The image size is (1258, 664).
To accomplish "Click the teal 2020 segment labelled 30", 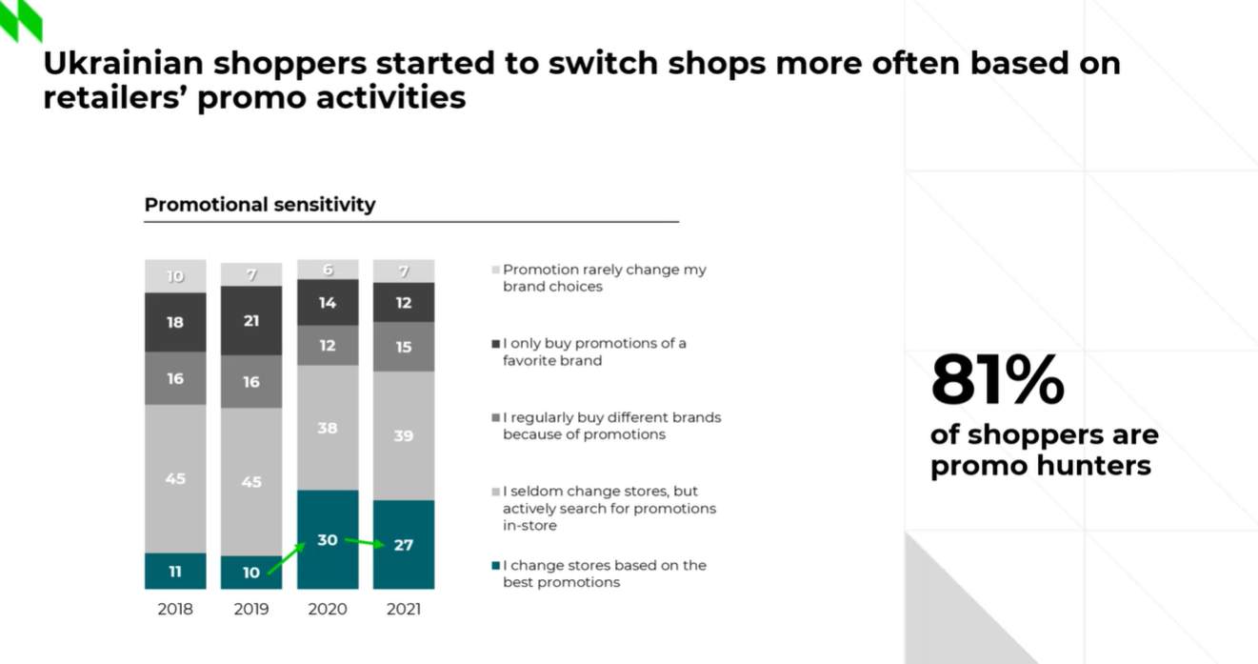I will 328,539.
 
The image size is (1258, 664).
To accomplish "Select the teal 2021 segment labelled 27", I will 404,545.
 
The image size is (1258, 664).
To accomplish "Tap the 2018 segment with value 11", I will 175,572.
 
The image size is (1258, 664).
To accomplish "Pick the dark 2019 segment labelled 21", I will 251,321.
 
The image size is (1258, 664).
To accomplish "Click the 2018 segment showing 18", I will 175,322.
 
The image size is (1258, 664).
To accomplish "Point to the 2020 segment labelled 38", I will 328,428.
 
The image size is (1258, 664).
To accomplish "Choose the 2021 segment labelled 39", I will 404,435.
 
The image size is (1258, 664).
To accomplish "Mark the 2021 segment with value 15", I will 404,347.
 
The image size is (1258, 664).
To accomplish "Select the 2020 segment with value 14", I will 328,303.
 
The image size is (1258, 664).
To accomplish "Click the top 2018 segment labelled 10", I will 175,276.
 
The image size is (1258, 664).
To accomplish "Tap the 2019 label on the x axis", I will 251,609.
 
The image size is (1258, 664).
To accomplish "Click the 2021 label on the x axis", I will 404,609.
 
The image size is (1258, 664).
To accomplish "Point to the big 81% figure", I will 997,380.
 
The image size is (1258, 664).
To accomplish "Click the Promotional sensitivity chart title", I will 260,205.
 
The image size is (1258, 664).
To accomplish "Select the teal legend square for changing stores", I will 495,566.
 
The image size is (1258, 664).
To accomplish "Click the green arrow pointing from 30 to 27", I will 365,543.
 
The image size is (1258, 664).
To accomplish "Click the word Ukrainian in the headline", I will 123,63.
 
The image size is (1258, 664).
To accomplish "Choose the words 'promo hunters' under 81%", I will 1040,466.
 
